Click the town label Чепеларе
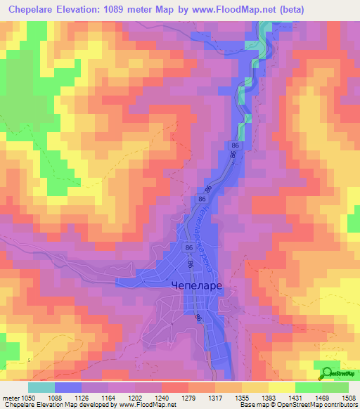(x=198, y=286)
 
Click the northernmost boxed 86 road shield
(x=234, y=144)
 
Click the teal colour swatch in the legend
(x=41, y=387)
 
